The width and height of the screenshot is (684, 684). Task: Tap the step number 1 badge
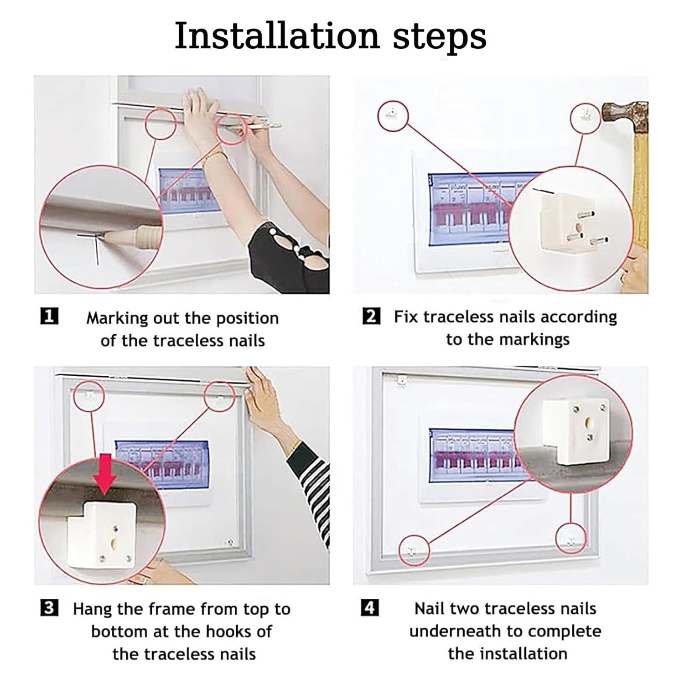tap(49, 316)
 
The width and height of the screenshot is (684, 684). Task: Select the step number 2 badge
tap(371, 316)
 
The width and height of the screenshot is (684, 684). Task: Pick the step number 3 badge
tap(49, 608)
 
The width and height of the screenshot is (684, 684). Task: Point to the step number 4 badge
tap(370, 608)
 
